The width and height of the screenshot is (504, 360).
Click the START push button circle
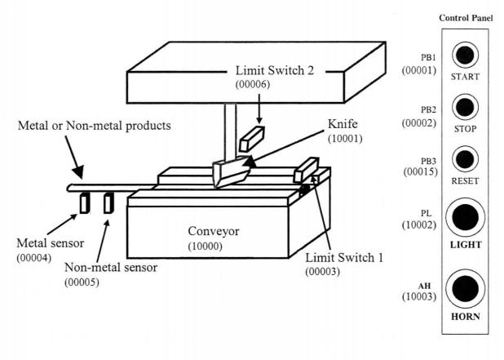[x=465, y=56]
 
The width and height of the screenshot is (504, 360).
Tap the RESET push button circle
[x=465, y=158]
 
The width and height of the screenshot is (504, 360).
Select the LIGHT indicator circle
[x=465, y=217]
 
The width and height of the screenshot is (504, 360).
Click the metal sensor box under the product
[x=83, y=203]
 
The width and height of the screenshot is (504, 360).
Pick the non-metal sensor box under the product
[x=108, y=203]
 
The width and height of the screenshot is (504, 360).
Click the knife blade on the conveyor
[x=231, y=174]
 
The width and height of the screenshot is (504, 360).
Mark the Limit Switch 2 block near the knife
[x=252, y=140]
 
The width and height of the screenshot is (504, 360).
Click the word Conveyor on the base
[x=208, y=232]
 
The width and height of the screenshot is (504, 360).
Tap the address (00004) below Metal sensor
[x=31, y=258]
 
